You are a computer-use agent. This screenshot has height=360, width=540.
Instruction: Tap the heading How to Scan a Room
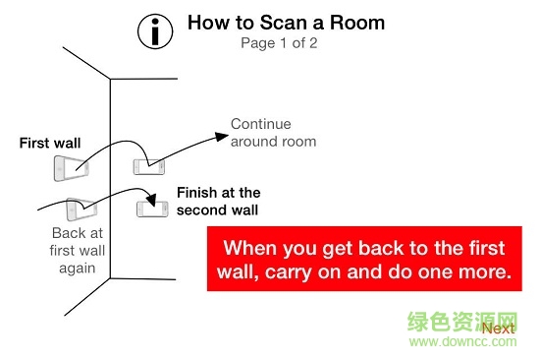pos(286,22)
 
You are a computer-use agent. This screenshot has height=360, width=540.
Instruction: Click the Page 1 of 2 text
pos(280,42)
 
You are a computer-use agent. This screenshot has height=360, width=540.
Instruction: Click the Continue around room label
pos(273,133)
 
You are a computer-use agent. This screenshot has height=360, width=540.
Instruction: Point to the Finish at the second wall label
pos(218,201)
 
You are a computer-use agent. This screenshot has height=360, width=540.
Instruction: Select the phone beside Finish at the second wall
pos(150,209)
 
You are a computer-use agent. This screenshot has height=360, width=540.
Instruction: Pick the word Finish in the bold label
pos(198,193)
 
